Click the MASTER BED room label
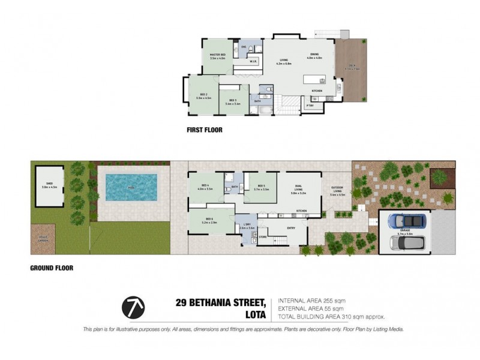[217, 55]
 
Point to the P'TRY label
[310, 106]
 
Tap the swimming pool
[131, 188]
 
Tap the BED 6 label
[209, 220]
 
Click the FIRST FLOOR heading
[205, 129]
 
